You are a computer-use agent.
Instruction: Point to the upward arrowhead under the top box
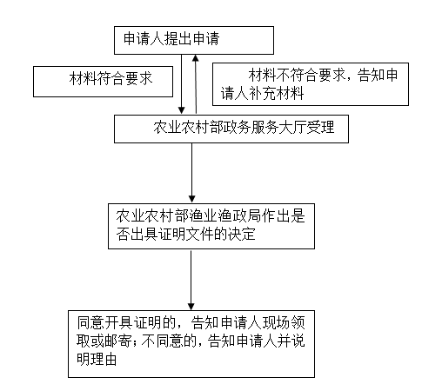click(x=196, y=58)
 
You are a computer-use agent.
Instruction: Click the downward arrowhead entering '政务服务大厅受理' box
click(x=182, y=110)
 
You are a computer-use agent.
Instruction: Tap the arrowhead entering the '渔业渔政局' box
click(x=191, y=199)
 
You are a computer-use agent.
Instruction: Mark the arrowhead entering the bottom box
click(x=191, y=306)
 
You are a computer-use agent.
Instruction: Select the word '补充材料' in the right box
click(x=276, y=93)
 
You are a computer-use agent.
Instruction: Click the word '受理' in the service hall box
click(x=321, y=127)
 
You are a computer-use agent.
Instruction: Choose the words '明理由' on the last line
click(x=97, y=360)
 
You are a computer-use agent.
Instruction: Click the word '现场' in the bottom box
click(x=277, y=323)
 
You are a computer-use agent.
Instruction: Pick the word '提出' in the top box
click(x=178, y=38)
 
